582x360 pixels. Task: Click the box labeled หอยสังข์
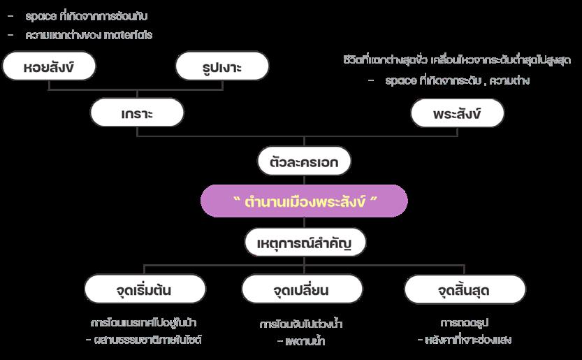[x=49, y=67]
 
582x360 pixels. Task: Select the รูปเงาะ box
[x=222, y=67]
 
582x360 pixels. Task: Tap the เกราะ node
[x=137, y=113]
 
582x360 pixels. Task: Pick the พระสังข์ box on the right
[x=457, y=113]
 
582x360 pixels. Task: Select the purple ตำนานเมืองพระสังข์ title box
[x=304, y=201]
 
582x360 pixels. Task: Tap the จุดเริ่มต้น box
[x=145, y=289]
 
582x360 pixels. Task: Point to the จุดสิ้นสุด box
[x=465, y=289]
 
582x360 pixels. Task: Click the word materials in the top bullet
[x=128, y=35]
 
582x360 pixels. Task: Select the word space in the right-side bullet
[x=401, y=80]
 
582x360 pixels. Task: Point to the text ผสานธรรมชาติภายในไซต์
[x=152, y=340]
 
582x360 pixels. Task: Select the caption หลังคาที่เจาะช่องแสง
[x=469, y=340]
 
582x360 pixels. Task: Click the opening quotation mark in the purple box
[x=237, y=200]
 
